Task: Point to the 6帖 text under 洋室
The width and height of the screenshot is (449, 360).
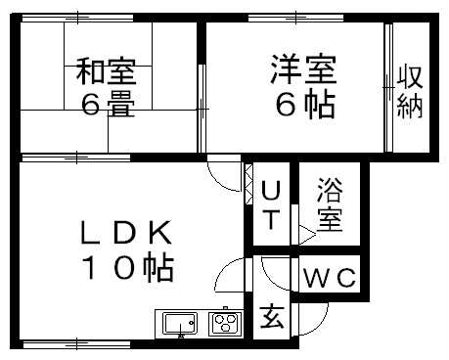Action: click(303, 104)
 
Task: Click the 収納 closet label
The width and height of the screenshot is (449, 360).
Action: click(409, 94)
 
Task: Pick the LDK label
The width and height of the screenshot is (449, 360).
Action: click(127, 234)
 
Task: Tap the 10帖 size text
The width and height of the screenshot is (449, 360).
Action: click(127, 267)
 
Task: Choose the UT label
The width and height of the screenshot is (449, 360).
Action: click(271, 204)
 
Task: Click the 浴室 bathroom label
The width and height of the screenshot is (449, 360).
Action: click(330, 204)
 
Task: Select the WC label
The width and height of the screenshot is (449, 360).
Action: click(331, 279)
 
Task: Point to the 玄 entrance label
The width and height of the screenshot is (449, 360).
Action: click(271, 318)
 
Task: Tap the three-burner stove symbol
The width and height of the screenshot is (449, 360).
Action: click(225, 323)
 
